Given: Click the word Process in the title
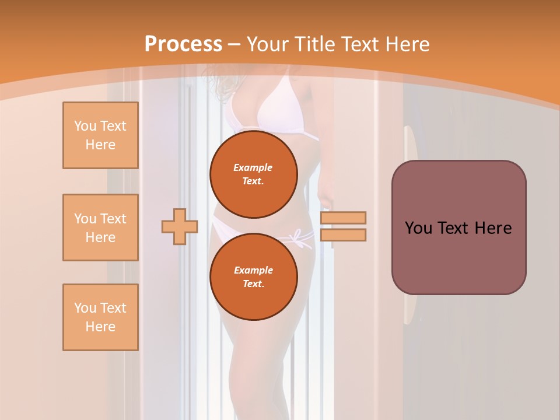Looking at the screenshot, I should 183,44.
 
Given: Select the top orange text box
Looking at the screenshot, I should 100,135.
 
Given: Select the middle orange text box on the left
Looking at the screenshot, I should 100,228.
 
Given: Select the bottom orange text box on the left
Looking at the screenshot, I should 100,317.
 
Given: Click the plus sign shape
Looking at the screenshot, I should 180,226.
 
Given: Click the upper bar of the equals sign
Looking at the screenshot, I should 343,218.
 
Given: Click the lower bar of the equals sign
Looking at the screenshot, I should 343,235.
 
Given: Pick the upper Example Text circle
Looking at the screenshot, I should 253,174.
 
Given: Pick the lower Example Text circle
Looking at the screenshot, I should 253,276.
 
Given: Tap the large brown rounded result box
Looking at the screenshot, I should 459,257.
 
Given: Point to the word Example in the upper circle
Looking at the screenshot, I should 253,167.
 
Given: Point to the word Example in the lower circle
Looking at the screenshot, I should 253,270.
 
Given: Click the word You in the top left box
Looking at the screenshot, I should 85,126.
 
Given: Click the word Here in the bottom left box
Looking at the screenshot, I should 100,327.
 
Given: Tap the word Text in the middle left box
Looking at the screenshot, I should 113,219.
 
